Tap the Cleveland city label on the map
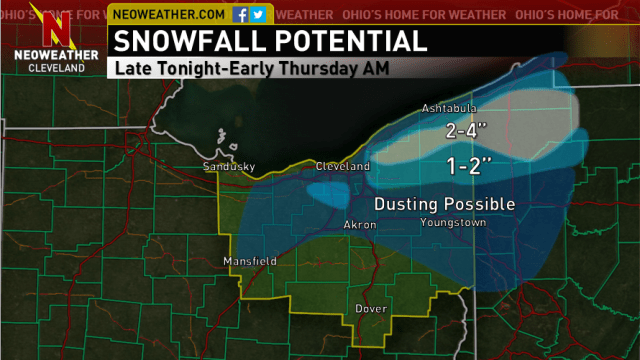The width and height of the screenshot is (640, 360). click(342, 166)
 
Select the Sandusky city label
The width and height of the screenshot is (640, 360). click(223, 166)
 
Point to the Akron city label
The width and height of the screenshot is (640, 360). click(360, 225)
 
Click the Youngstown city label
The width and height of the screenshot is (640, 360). click(453, 223)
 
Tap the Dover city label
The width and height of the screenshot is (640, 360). click(370, 309)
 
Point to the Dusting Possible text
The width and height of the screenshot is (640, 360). click(444, 204)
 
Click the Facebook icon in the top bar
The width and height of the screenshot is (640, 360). click(240, 15)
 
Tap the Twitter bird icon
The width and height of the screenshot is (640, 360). click(258, 15)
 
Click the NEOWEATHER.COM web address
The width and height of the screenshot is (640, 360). click(167, 15)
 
